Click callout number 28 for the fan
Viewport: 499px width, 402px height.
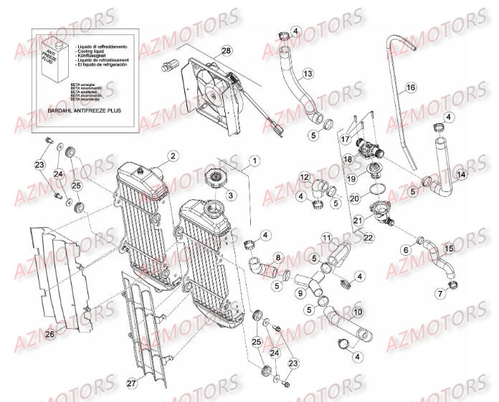[227, 51]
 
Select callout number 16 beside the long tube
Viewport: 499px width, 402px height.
[411, 88]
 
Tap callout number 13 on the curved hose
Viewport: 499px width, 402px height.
[308, 74]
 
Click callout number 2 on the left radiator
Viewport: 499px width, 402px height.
[173, 155]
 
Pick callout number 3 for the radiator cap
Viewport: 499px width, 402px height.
[230, 195]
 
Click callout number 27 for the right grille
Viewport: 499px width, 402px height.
[131, 384]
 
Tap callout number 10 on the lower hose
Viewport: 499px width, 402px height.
[356, 312]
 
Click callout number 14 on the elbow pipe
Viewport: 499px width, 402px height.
[460, 174]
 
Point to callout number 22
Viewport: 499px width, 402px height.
[369, 237]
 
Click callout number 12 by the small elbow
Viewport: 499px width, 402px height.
[305, 177]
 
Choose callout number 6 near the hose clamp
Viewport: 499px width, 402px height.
[405, 249]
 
